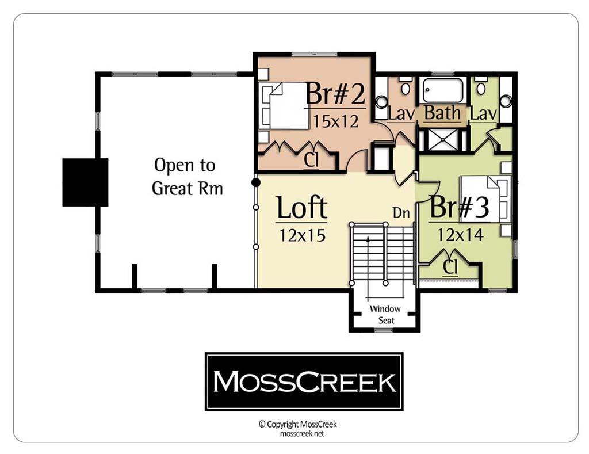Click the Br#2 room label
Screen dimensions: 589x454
pos(335,94)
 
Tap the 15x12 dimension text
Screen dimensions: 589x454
pos(335,121)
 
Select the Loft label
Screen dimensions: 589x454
pos(301,207)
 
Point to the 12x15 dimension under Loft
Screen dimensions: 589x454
pos(302,236)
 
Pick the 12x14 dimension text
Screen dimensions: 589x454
pos(460,235)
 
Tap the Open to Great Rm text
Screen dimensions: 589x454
pos(187,177)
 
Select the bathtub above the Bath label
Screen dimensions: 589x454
pos(443,90)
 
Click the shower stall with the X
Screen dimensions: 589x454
pos(443,139)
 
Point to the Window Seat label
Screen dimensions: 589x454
pos(385,315)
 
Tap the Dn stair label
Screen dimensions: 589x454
pos(401,213)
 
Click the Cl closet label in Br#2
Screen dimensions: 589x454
pos(311,161)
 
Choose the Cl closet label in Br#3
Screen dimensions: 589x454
pos(450,267)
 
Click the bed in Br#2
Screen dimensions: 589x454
pos(284,106)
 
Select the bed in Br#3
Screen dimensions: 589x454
pos(485,199)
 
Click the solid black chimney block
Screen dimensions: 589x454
pos(85,182)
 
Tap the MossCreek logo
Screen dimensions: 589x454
pos(304,381)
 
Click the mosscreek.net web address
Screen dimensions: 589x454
pos(302,434)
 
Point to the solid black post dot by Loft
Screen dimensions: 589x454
pos(256,182)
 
